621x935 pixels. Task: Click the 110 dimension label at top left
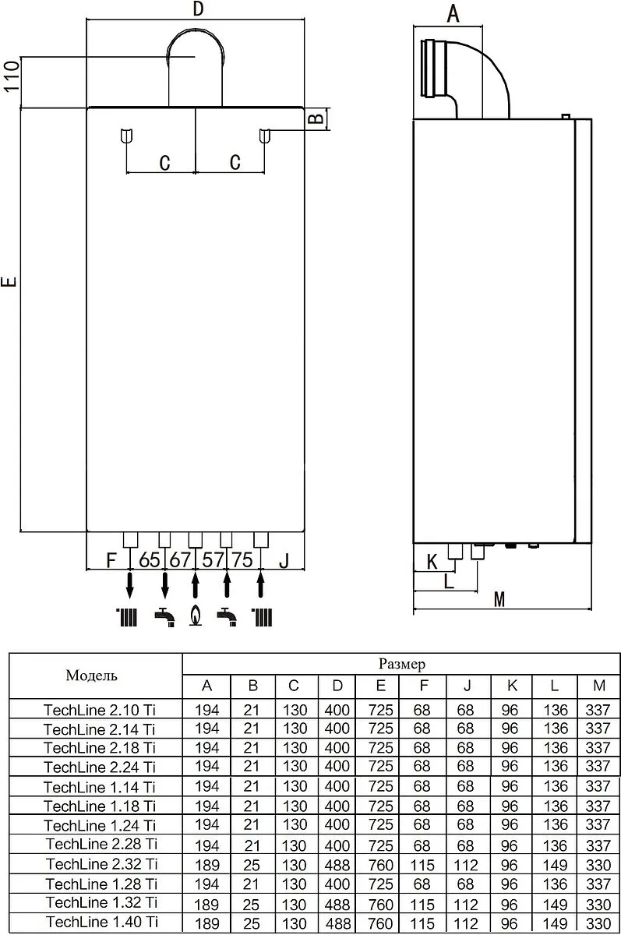click(12, 76)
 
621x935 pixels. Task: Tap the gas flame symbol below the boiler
click(196, 616)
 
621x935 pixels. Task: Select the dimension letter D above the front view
click(199, 9)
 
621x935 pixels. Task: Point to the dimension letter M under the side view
click(499, 599)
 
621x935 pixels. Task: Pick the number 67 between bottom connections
click(180, 559)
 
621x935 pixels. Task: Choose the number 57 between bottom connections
click(213, 559)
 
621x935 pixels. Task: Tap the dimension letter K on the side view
click(432, 562)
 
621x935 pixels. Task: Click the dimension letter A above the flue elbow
click(453, 14)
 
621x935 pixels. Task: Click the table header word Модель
click(91, 676)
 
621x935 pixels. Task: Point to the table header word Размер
click(402, 664)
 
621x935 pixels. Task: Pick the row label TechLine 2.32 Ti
click(101, 864)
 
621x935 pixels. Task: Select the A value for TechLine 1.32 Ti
click(206, 905)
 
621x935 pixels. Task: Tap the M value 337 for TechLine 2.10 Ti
click(598, 710)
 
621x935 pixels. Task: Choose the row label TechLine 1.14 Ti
click(99, 787)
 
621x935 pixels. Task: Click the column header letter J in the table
click(467, 686)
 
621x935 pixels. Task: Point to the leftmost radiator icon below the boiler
click(126, 617)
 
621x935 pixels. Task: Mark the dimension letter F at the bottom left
click(111, 560)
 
